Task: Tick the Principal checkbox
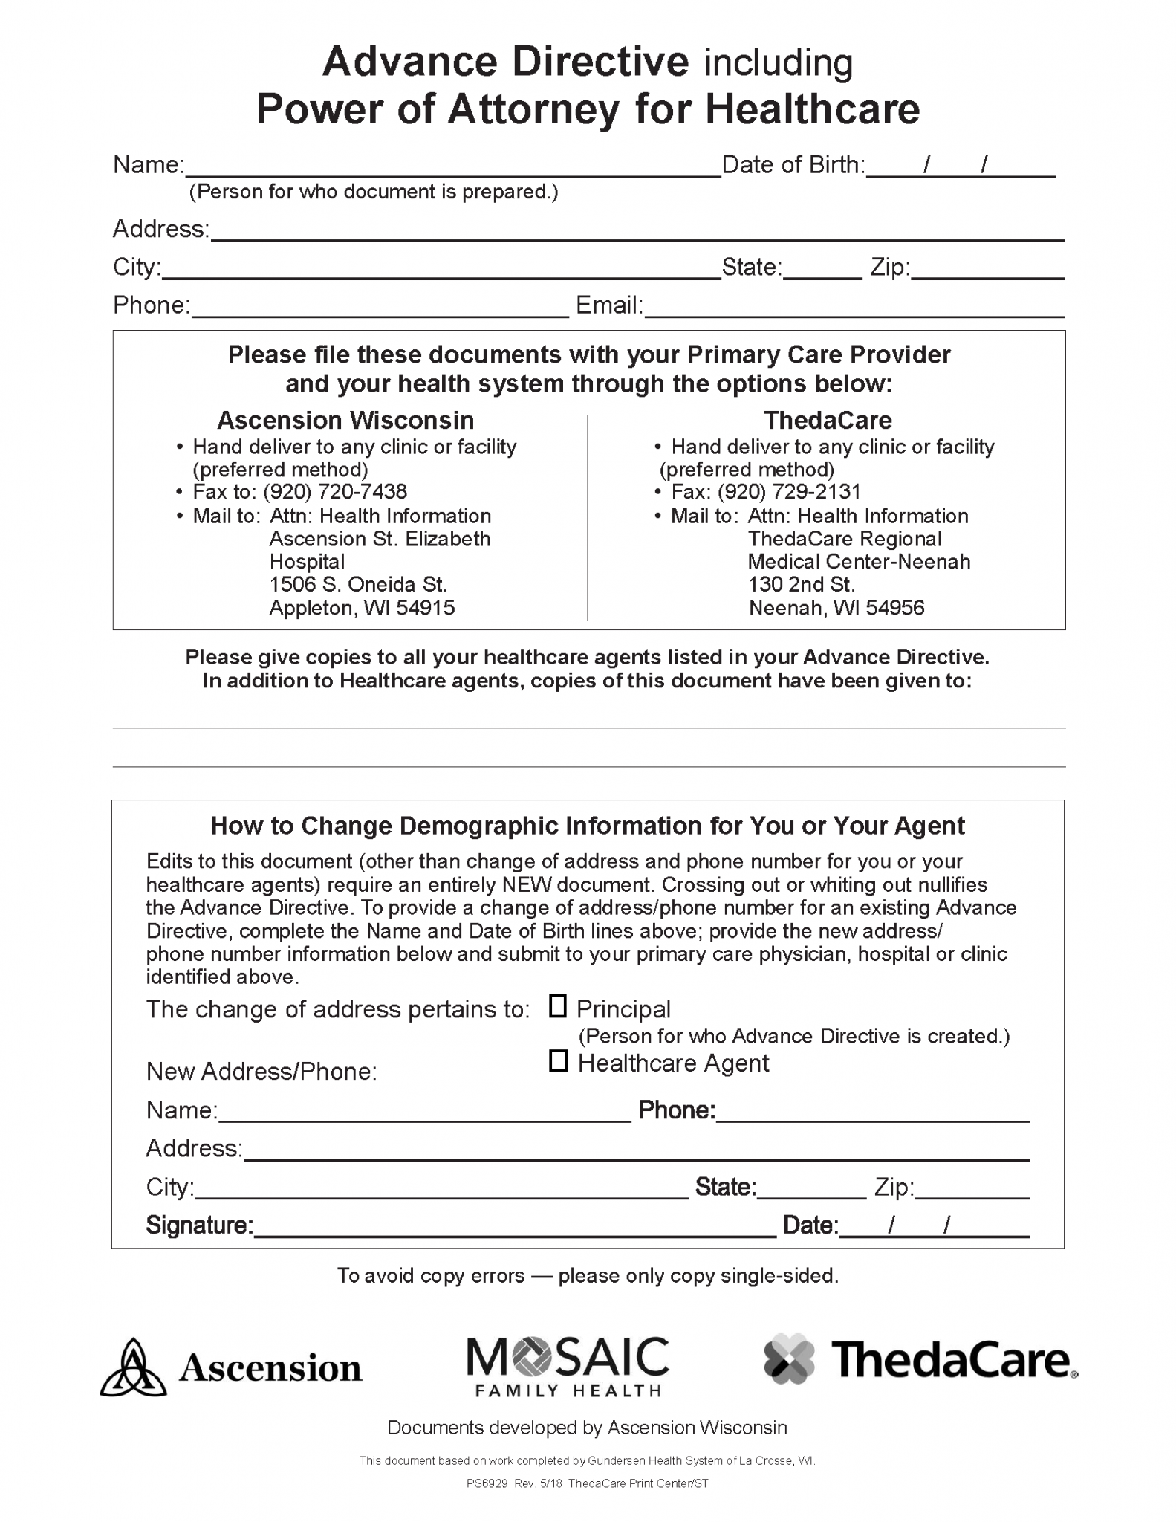coord(557,1006)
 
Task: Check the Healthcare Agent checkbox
coord(558,1060)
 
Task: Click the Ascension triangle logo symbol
coord(133,1367)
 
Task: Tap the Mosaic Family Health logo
coord(568,1366)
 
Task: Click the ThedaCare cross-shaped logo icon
coord(789,1359)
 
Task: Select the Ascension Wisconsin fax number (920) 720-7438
coord(335,492)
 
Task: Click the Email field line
coord(854,308)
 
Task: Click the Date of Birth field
coord(960,166)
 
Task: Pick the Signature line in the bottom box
coord(514,1226)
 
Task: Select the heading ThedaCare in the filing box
coord(828,421)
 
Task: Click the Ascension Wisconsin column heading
coord(345,421)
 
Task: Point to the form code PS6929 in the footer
coord(487,1483)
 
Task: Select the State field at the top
coord(822,269)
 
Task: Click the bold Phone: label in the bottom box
coord(676,1110)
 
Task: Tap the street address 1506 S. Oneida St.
coord(358,585)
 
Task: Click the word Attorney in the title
coord(533,109)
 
